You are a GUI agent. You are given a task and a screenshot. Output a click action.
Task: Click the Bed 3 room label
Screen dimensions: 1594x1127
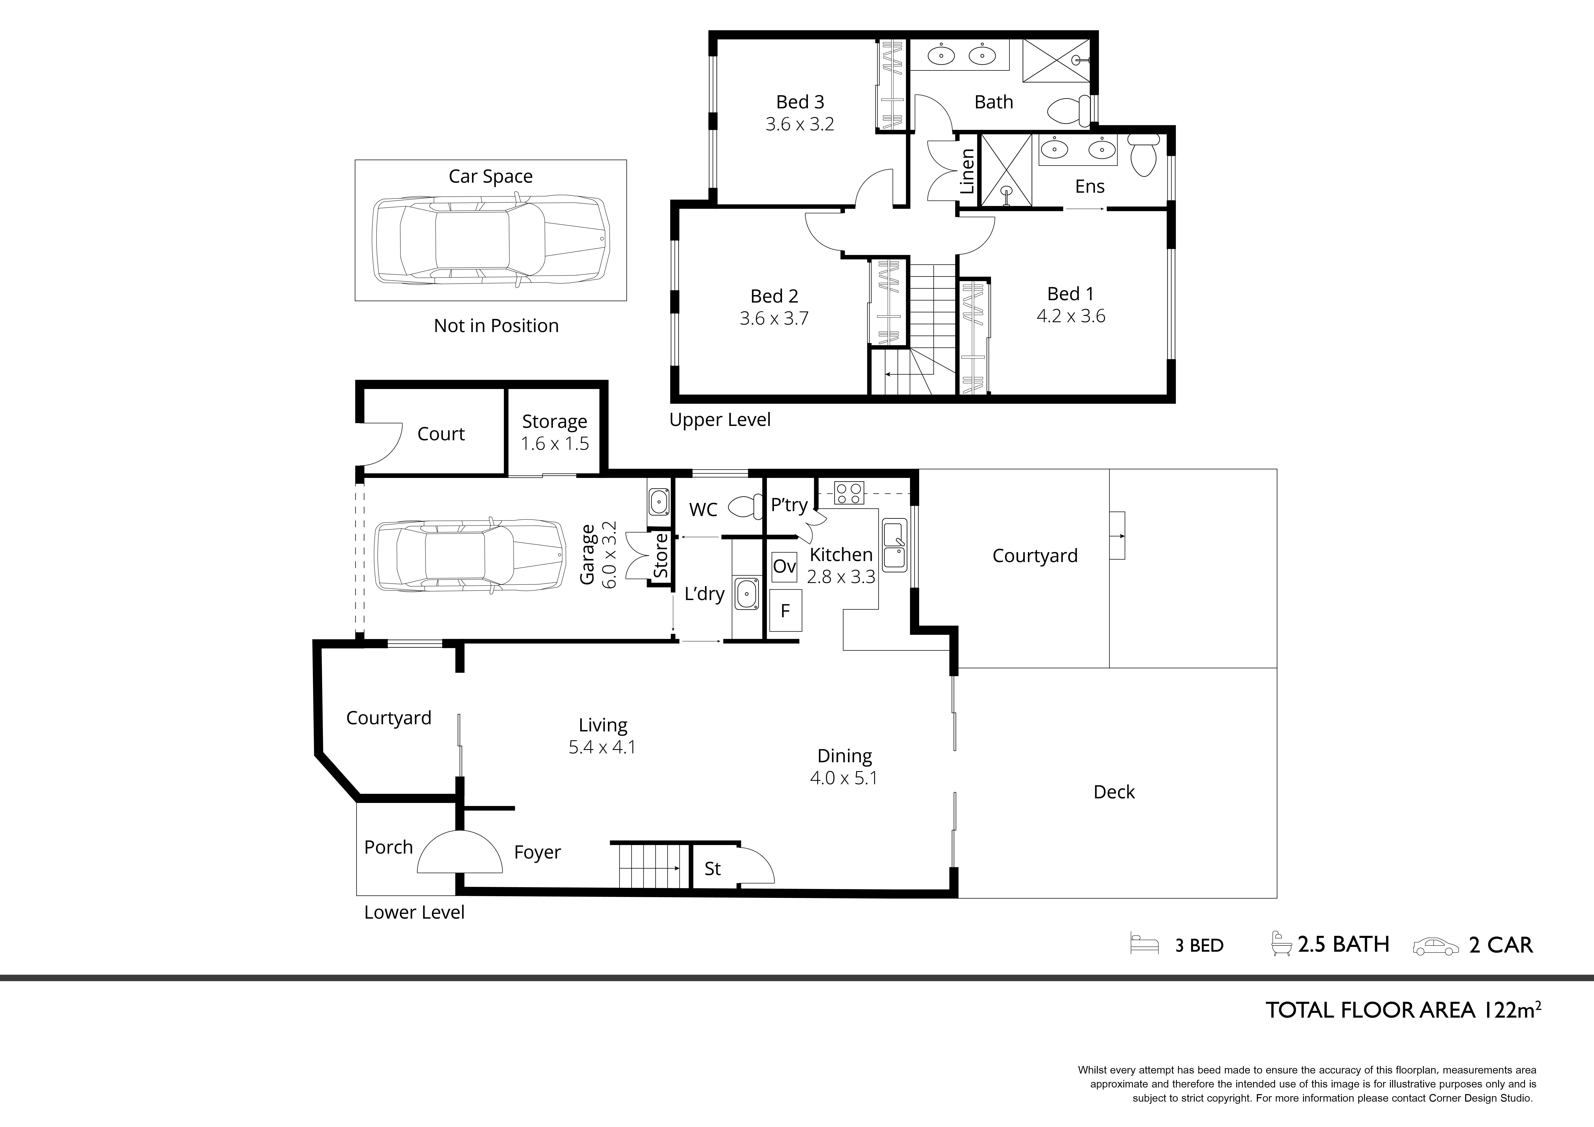click(800, 102)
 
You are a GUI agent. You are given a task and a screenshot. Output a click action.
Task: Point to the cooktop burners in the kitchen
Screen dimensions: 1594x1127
click(850, 493)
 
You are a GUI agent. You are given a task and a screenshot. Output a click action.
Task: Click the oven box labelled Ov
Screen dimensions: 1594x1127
click(785, 567)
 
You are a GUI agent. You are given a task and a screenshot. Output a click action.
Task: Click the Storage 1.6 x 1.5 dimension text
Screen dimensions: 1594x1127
click(555, 444)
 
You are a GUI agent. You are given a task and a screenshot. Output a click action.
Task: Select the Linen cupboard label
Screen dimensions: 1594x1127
click(967, 172)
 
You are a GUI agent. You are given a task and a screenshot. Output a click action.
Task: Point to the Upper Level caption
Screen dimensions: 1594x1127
click(720, 420)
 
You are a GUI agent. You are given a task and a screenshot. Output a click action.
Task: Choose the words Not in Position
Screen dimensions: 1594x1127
click(496, 326)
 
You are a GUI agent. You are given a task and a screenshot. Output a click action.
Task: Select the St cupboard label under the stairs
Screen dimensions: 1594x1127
click(713, 869)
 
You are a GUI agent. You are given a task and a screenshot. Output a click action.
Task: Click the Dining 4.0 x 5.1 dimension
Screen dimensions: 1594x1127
click(844, 778)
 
